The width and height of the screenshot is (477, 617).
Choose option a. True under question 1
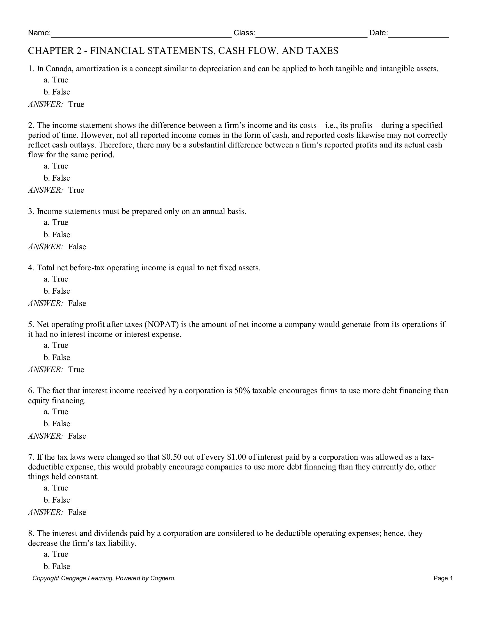click(x=56, y=80)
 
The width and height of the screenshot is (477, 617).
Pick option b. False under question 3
click(x=57, y=235)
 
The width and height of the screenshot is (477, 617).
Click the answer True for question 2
click(x=76, y=190)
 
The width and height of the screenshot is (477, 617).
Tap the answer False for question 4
click(x=77, y=303)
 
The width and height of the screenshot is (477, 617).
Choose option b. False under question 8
click(x=57, y=567)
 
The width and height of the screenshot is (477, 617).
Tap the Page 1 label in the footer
click(x=443, y=578)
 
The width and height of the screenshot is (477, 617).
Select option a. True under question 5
click(x=56, y=345)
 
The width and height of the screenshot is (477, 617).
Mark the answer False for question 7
click(x=77, y=512)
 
